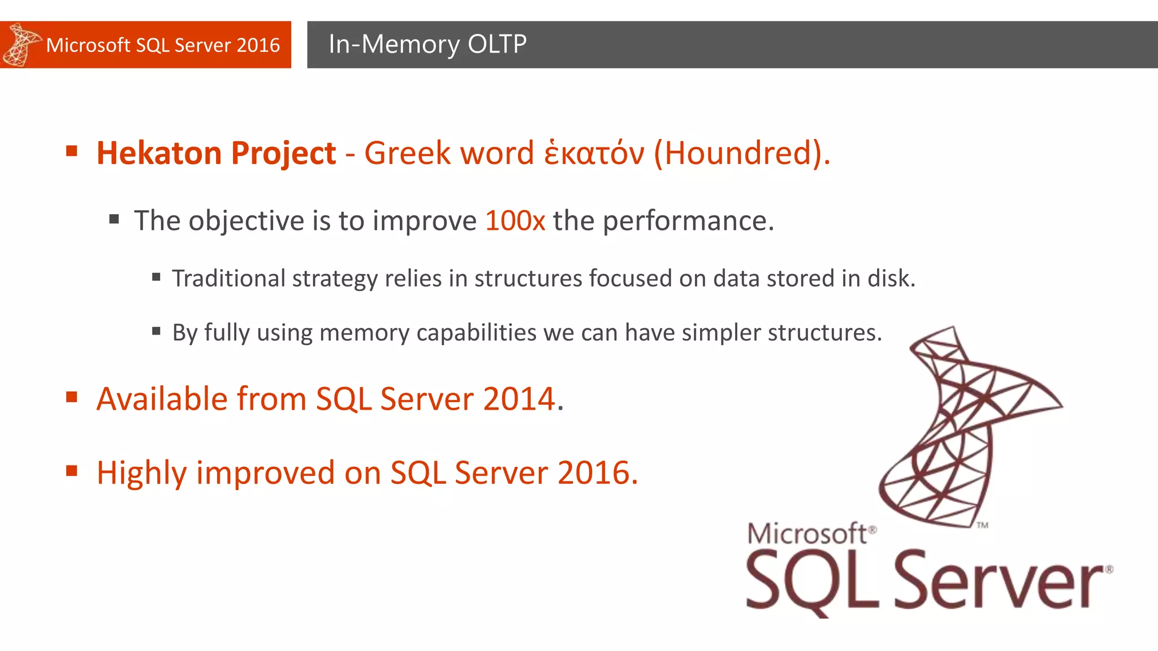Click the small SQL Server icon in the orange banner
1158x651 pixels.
coord(20,45)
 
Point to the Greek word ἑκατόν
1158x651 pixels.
coord(594,153)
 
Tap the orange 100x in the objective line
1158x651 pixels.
coord(515,220)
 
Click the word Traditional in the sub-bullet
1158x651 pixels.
coord(228,279)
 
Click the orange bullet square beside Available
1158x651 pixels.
coord(72,397)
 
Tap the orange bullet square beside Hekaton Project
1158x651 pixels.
coord(72,151)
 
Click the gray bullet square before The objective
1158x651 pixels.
coord(114,219)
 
